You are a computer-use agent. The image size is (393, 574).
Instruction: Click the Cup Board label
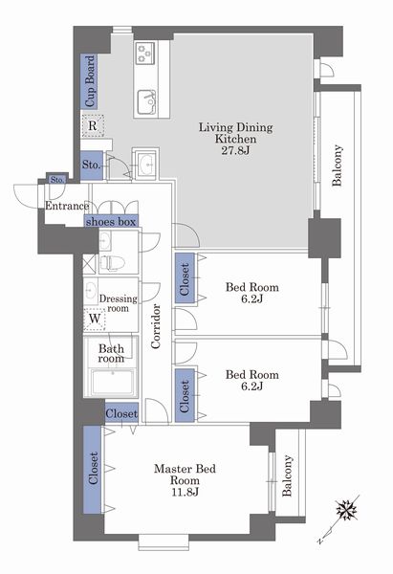pyautogui.click(x=90, y=81)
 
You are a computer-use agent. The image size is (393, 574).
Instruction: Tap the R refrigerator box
pyautogui.click(x=93, y=126)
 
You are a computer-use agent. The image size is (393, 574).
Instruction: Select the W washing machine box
pyautogui.click(x=95, y=319)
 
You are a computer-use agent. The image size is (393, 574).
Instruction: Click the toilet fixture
pyautogui.click(x=112, y=263)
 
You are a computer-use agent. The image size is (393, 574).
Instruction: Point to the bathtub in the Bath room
pyautogui.click(x=112, y=382)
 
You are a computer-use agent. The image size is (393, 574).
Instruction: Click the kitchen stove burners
pyautogui.click(x=145, y=53)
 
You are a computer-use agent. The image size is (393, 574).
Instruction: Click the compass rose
pyautogui.click(x=346, y=510)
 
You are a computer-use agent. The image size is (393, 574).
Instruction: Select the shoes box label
pyautogui.click(x=111, y=222)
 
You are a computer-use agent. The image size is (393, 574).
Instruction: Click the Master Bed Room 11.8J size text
pyautogui.click(x=186, y=492)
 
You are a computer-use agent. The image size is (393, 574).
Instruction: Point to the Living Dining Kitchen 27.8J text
pyautogui.click(x=235, y=139)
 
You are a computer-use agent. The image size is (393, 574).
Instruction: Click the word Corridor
pyautogui.click(x=156, y=326)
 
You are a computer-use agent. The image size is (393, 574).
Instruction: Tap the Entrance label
pyautogui.click(x=67, y=206)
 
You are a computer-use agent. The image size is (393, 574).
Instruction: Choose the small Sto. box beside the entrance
pyautogui.click(x=57, y=180)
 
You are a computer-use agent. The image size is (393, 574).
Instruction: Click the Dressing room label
pyautogui.click(x=118, y=303)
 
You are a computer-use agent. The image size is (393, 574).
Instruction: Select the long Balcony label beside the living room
pyautogui.click(x=338, y=166)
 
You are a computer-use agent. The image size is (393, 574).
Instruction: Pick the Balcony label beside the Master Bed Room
pyautogui.click(x=287, y=475)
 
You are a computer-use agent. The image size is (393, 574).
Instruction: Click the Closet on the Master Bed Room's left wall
pyautogui.click(x=93, y=469)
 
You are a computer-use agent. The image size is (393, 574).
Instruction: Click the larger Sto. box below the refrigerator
pyautogui.click(x=91, y=166)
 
